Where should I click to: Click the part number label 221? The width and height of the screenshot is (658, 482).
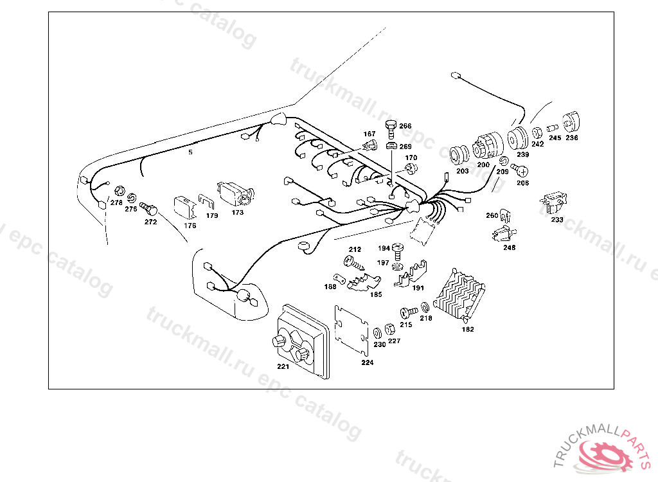tap(283, 367)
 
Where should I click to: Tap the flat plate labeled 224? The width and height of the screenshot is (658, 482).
tap(351, 332)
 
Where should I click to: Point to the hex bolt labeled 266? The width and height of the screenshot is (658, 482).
tap(390, 128)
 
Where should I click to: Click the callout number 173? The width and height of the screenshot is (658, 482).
tap(238, 212)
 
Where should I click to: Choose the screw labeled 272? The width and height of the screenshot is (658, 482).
tap(151, 209)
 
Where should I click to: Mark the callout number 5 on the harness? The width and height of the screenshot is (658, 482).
tap(190, 153)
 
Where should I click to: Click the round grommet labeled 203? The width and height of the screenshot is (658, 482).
tap(459, 156)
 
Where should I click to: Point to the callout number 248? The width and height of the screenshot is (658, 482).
tap(509, 247)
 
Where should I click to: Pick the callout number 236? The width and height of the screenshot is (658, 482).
tap(571, 138)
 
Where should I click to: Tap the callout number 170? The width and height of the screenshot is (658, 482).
tap(411, 157)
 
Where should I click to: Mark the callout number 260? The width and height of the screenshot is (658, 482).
tap(492, 215)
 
